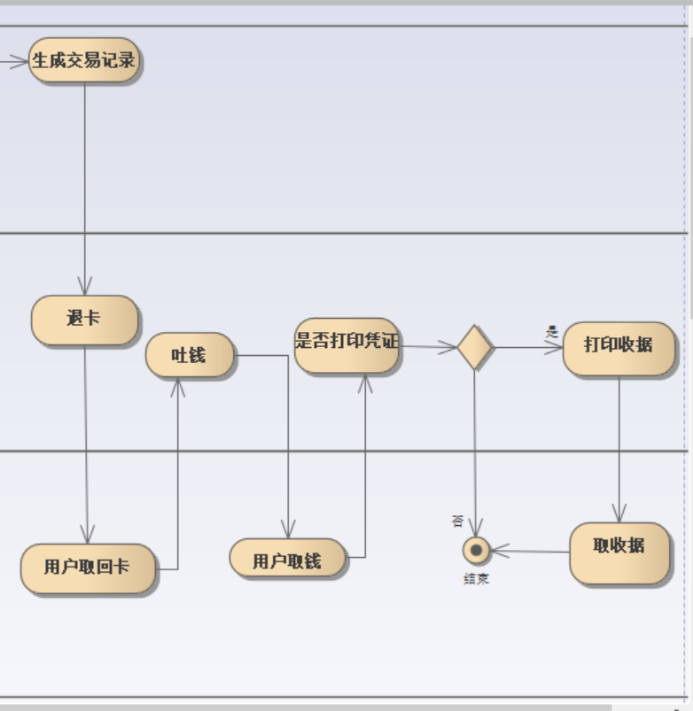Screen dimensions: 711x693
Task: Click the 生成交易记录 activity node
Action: click(84, 60)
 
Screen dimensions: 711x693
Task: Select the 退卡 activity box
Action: click(84, 319)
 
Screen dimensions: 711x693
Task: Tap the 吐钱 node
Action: click(189, 355)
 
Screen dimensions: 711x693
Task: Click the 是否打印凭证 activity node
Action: click(346, 345)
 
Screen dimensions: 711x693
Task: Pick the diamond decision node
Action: click(474, 347)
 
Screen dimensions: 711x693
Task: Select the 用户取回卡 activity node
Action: click(87, 568)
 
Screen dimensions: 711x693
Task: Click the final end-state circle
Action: click(476, 551)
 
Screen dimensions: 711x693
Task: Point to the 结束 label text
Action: click(476, 579)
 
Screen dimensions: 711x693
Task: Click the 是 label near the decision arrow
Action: click(551, 331)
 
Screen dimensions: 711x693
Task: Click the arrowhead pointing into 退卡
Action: click(85, 286)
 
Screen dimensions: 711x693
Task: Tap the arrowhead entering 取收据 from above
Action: click(619, 514)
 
